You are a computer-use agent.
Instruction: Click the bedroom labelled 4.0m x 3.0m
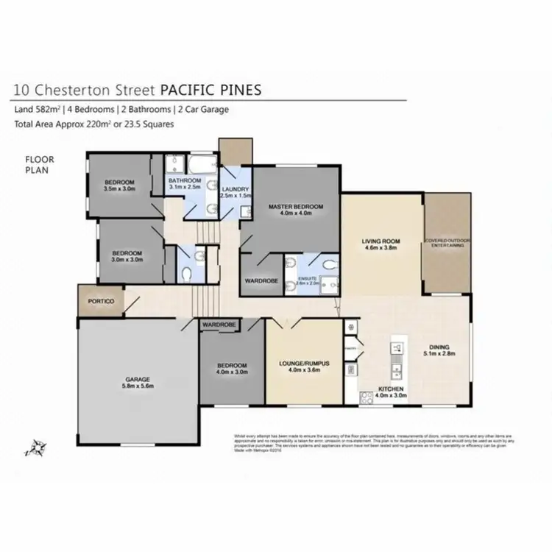[x=231, y=369]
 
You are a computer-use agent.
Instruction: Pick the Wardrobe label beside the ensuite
[x=259, y=281]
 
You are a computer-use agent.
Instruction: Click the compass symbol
[x=34, y=446]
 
